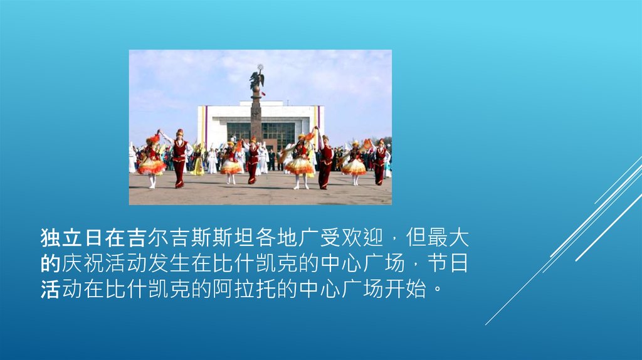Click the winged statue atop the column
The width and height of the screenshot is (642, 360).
coord(256,78)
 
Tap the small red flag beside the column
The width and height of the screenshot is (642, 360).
coord(263,93)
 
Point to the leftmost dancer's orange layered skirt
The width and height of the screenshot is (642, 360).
coord(152,167)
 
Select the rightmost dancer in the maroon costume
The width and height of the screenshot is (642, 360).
coord(380,162)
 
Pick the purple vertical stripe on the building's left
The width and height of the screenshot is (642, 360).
coord(206,125)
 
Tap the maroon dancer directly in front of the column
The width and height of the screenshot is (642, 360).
coord(253,161)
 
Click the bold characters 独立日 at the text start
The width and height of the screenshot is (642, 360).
coord(72,238)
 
